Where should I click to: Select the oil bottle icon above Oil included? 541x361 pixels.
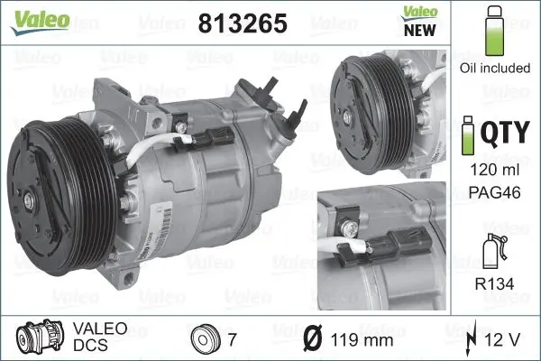[493, 32]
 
